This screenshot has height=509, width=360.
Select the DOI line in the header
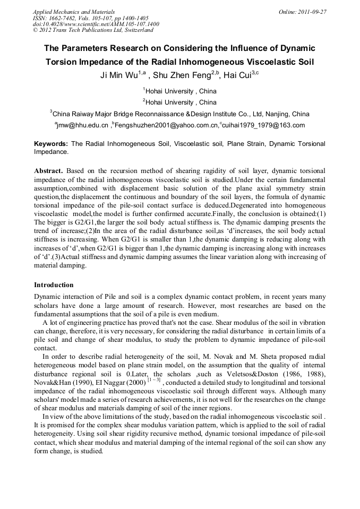click(96, 24)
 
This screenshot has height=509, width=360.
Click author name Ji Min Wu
click(119, 75)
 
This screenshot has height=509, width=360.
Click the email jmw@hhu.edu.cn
click(82, 125)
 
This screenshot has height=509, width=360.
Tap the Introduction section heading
click(55, 284)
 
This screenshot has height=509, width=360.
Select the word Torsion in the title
click(60, 62)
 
